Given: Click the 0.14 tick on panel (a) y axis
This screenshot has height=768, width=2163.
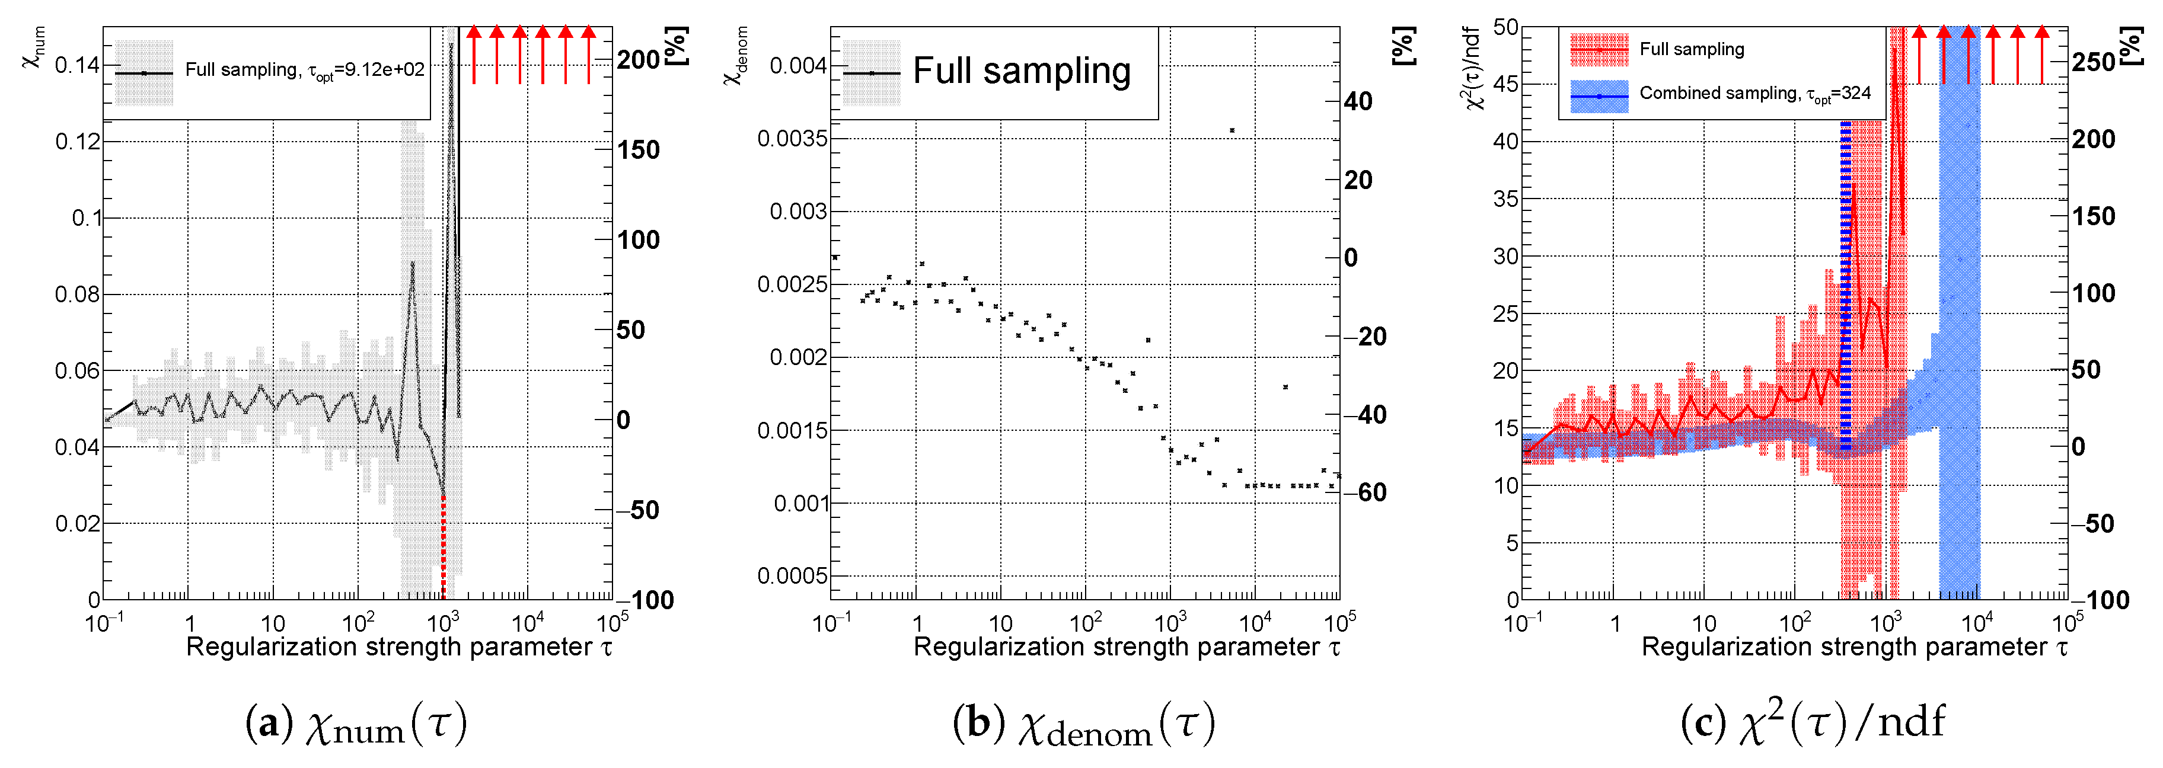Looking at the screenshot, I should click(76, 65).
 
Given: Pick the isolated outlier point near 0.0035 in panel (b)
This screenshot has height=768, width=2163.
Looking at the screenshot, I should click(1231, 130).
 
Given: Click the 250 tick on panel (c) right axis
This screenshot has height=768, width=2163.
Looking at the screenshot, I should click(2093, 62).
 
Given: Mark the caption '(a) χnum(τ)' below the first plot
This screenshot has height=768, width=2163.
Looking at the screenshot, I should click(355, 724).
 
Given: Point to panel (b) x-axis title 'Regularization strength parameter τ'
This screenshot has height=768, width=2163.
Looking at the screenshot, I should click(1126, 647).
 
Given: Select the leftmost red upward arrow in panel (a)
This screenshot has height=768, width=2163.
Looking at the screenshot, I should click(474, 55).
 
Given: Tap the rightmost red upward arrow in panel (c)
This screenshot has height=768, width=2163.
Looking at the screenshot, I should click(2042, 55).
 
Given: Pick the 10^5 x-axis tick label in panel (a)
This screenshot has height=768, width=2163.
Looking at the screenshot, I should click(612, 623).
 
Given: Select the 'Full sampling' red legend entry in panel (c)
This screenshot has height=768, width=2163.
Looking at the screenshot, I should click(1691, 50).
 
